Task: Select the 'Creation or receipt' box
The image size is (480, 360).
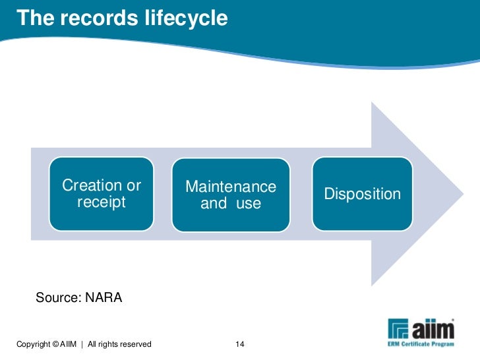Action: tap(102, 194)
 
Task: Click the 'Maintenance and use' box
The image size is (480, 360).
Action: tap(231, 195)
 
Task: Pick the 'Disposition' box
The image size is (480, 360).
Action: tap(362, 194)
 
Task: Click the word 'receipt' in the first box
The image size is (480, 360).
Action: tap(102, 202)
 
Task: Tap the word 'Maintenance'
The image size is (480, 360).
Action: tap(231, 187)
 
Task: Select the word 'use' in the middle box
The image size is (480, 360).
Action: tap(249, 204)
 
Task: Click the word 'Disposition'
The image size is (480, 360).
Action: tap(362, 194)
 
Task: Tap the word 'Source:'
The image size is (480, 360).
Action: tap(58, 298)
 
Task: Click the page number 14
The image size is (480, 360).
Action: tap(239, 344)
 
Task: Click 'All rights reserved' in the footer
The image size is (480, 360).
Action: tap(119, 344)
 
